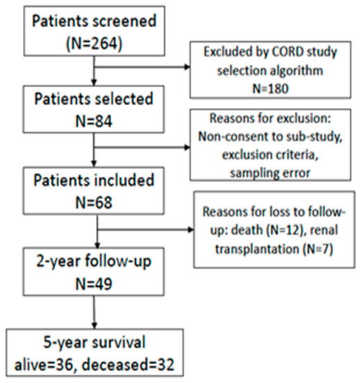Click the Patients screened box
click(x=94, y=31)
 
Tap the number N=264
click(x=94, y=44)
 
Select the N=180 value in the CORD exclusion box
click(x=271, y=88)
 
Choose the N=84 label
click(x=94, y=121)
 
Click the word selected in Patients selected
click(x=124, y=99)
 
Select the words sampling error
click(x=271, y=173)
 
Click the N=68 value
click(x=94, y=203)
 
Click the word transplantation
click(x=257, y=249)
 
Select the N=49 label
click(x=94, y=284)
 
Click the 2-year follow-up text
click(x=94, y=262)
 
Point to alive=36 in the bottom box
click(x=44, y=365)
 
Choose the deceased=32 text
click(x=128, y=365)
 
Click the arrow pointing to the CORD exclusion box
click(x=142, y=67)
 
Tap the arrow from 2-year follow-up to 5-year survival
click(x=95, y=312)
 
